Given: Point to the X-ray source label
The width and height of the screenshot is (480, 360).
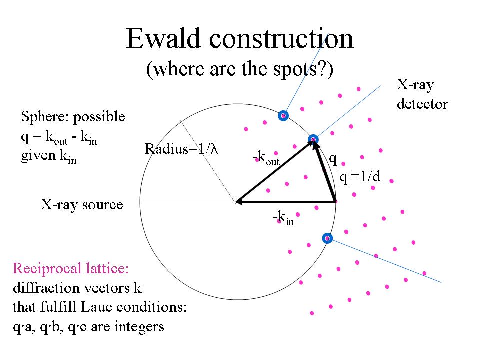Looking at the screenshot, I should point(82,205).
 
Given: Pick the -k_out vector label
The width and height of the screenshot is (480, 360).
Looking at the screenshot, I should point(266,159).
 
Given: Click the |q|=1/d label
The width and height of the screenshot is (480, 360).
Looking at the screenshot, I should point(359,177).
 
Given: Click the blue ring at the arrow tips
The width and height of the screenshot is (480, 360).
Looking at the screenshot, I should point(313,139).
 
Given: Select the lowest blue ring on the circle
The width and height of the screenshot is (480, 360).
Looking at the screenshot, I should point(327,238).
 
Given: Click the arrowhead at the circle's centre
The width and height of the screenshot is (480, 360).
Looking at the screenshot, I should point(239,202).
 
